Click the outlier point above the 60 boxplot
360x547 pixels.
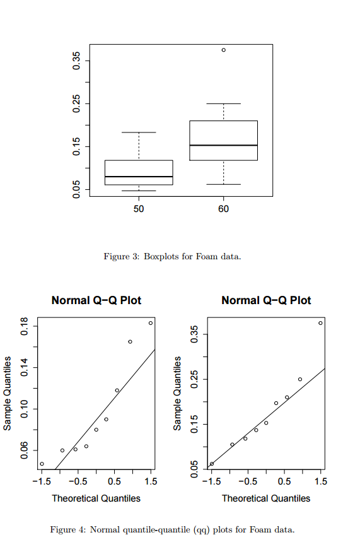coord(224,50)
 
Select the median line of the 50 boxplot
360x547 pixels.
coord(139,177)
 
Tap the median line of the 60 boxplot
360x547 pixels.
coord(224,145)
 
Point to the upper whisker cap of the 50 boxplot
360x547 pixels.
coord(139,132)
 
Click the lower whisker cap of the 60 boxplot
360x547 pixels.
coord(224,184)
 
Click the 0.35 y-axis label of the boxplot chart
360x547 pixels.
coord(76,61)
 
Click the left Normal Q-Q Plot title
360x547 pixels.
coord(96,300)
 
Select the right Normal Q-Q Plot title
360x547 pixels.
coord(266,300)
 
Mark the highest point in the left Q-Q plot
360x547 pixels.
coord(151,323)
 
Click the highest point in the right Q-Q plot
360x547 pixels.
coord(320,323)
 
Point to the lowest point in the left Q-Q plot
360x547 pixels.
coord(42,464)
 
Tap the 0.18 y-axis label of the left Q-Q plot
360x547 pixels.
coord(25,326)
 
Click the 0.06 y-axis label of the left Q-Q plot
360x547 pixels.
coord(25,450)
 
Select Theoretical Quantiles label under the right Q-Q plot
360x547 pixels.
coord(266,498)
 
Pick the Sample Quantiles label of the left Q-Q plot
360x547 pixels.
coord(8,393)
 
